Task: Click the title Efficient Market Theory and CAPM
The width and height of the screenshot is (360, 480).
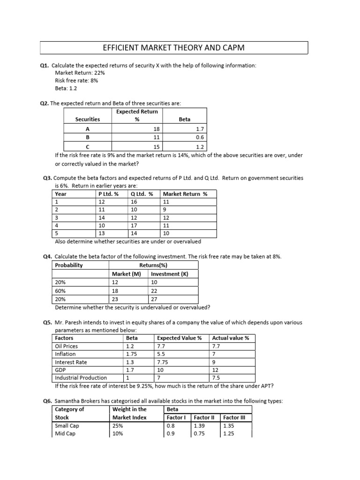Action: coord(173,48)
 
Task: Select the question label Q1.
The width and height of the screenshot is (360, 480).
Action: coord(45,66)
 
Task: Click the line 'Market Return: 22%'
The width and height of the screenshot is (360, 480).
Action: coord(80,73)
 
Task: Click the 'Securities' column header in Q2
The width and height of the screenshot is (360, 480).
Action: coord(88,120)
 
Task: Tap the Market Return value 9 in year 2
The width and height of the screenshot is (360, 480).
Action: coord(165,210)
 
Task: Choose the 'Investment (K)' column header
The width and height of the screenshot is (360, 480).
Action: coord(169,274)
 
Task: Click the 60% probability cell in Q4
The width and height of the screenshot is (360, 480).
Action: coord(61,291)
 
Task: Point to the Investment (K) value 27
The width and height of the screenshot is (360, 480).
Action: coord(154,299)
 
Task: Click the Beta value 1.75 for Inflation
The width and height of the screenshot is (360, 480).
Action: coord(131,354)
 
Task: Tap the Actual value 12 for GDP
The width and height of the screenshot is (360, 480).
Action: coord(215,370)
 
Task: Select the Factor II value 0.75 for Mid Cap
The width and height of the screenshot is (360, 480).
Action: coord(200,434)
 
